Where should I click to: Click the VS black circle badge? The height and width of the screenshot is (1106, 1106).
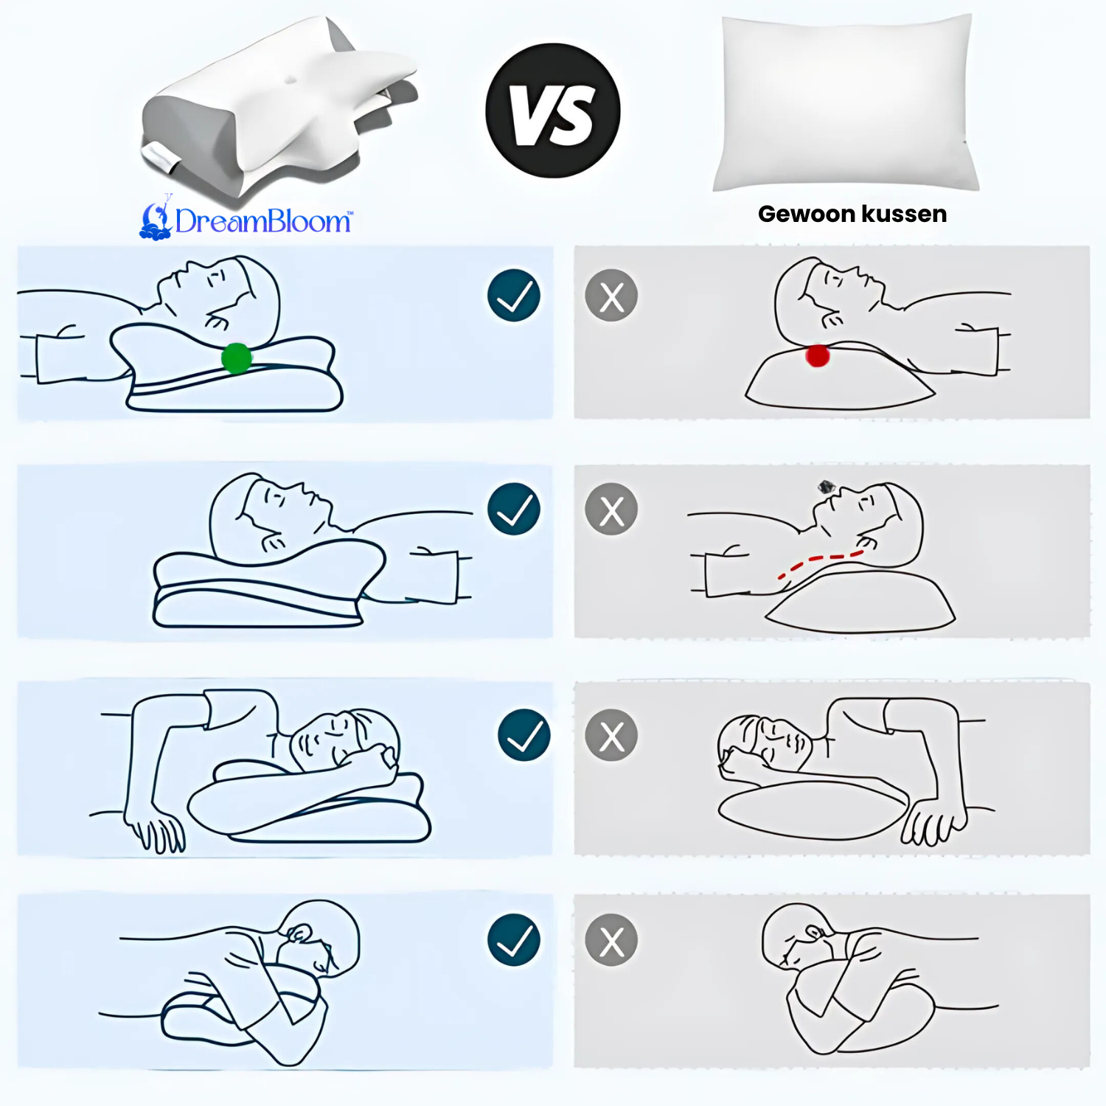coord(553,111)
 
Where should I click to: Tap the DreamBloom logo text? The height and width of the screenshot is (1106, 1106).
coord(263,221)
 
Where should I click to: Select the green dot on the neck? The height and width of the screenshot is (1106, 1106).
coord(237,358)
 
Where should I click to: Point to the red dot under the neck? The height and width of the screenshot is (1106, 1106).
coord(817,355)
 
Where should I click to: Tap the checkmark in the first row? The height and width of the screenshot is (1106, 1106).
coord(514,296)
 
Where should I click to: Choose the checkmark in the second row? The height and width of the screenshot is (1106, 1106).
coord(514,509)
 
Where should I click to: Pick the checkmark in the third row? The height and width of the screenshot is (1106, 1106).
coord(524,735)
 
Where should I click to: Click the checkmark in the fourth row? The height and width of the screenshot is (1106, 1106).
coord(514,940)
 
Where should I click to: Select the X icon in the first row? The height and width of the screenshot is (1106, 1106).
coord(611,296)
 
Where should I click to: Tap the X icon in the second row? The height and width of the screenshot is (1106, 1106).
coord(611,509)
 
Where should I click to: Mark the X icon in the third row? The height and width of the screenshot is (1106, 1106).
coord(611,736)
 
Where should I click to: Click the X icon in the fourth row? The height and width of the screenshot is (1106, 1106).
coord(611,941)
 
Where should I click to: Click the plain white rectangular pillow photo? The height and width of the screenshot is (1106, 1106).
coord(846,103)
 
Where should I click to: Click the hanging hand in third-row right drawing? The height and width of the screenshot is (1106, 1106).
coord(933,822)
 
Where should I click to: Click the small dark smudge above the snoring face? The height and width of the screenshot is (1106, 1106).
coord(826,487)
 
